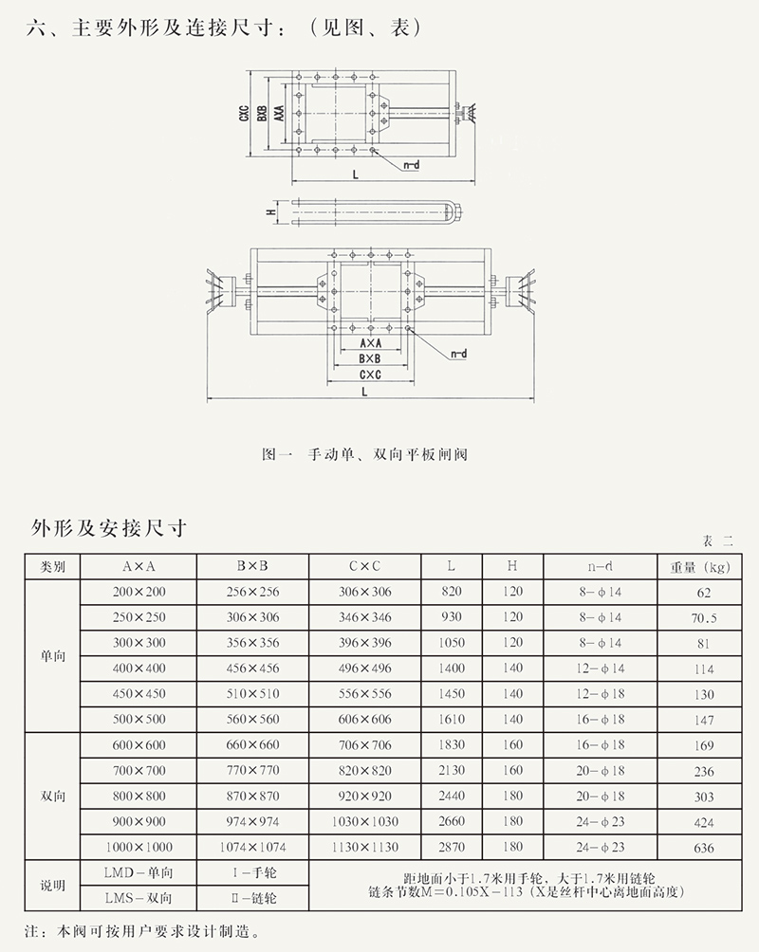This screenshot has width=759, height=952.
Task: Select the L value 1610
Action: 451,720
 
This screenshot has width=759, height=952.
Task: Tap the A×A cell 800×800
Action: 138,796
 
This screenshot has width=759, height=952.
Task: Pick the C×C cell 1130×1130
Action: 365,847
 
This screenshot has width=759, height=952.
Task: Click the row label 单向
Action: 52,656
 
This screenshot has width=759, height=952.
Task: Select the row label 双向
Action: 52,796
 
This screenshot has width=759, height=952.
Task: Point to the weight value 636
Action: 704,848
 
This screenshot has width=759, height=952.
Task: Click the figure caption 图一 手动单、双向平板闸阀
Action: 364,454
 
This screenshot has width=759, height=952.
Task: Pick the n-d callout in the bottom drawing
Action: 458,354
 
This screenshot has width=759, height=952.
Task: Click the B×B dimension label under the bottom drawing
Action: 370,358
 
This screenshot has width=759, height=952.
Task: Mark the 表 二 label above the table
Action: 717,540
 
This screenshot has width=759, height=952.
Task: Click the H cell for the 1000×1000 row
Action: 512,847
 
